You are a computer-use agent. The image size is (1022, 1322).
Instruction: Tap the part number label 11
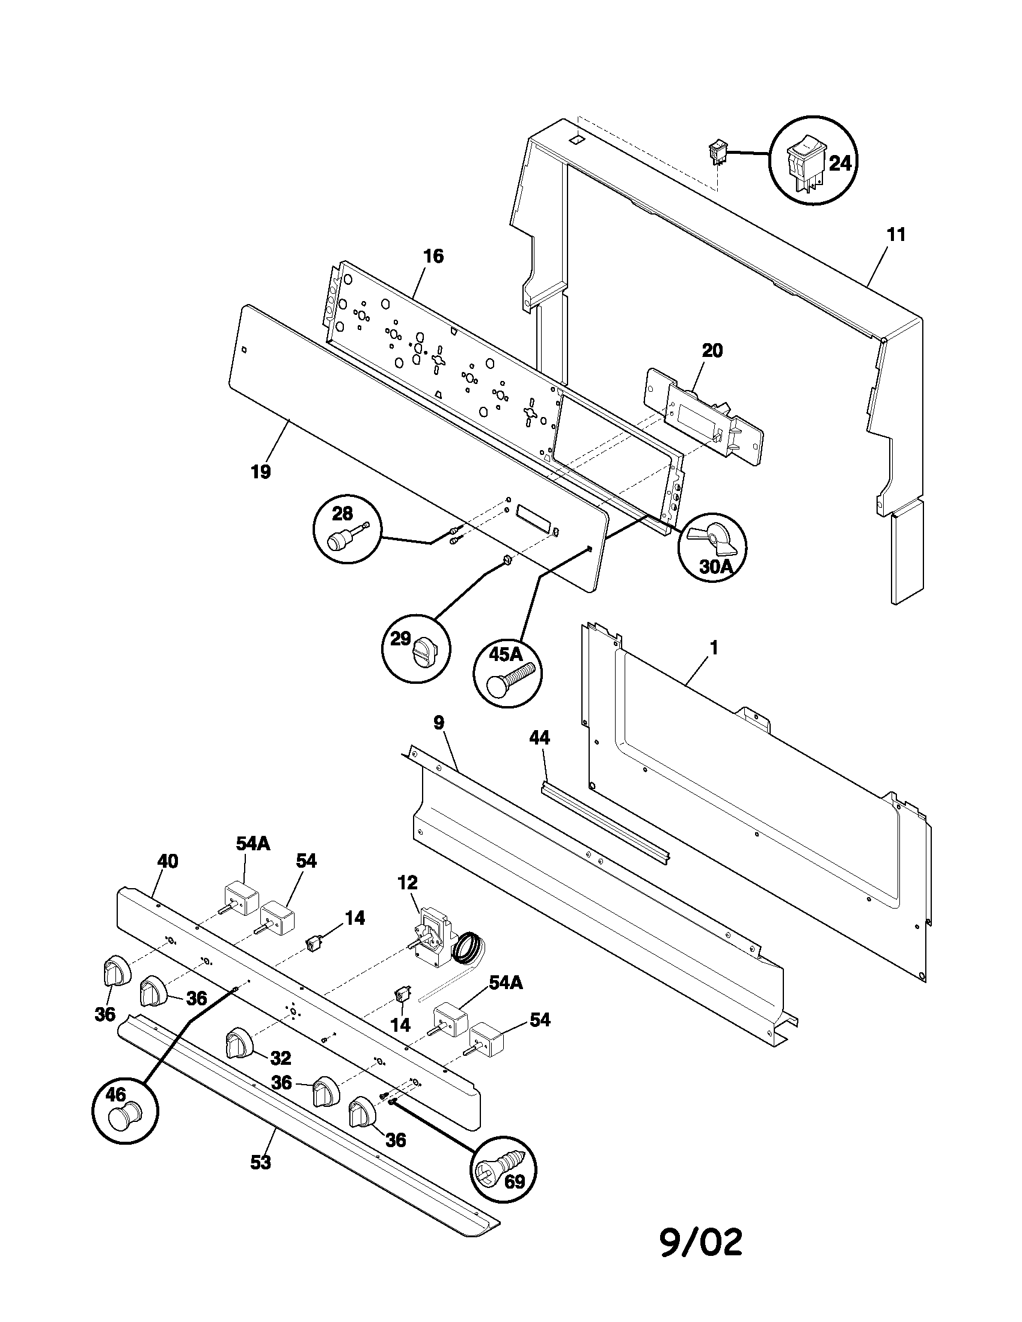tap(896, 235)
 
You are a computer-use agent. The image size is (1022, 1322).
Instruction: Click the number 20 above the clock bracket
tap(712, 350)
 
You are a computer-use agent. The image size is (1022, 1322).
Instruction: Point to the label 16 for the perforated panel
tap(433, 257)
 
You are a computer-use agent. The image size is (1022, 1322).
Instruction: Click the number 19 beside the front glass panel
tap(261, 472)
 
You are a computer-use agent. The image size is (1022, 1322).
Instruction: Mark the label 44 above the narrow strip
tap(539, 737)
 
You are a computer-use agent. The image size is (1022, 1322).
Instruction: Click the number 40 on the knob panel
tap(168, 861)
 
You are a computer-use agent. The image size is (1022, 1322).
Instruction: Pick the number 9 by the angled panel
tap(439, 722)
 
